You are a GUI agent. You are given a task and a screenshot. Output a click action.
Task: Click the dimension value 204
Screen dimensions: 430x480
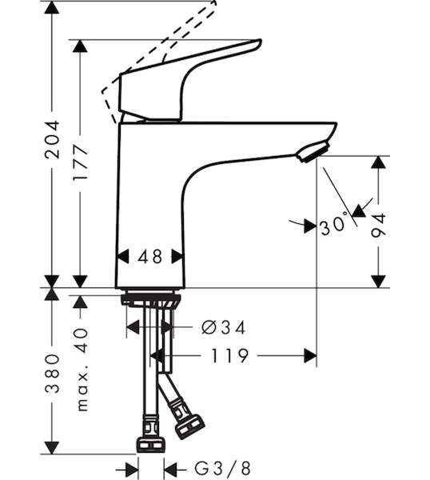tap(52, 139)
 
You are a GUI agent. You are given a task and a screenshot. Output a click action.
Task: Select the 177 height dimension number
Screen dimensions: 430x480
tap(80, 163)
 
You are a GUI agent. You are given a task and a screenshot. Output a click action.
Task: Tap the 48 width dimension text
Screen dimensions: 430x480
tap(149, 257)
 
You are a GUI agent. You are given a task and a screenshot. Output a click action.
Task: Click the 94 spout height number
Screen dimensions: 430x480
tap(378, 226)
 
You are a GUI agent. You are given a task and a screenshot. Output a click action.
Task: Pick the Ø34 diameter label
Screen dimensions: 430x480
tap(224, 328)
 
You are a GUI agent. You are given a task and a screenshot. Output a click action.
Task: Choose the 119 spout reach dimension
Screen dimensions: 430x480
tap(230, 356)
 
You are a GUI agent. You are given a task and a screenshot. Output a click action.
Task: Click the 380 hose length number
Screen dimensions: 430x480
tap(52, 374)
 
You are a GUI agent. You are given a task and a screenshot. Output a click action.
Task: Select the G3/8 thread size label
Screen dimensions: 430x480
tap(223, 468)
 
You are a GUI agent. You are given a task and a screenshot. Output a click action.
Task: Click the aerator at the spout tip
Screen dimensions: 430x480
tap(313, 151)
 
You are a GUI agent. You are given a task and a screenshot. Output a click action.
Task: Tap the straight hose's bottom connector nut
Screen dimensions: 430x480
tap(150, 445)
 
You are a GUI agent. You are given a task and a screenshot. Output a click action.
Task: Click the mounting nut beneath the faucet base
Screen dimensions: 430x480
tap(151, 300)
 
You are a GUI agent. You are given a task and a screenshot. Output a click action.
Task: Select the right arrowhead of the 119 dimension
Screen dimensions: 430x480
tap(310, 356)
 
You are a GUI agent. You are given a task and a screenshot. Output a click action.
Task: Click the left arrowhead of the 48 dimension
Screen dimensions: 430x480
tap(123, 257)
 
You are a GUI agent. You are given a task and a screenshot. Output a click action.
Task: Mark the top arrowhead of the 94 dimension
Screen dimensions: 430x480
tap(378, 162)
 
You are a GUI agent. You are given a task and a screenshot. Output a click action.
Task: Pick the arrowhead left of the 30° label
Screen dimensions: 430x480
tap(310, 226)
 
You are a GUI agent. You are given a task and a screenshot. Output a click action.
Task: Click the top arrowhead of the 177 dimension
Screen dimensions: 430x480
tap(80, 46)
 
